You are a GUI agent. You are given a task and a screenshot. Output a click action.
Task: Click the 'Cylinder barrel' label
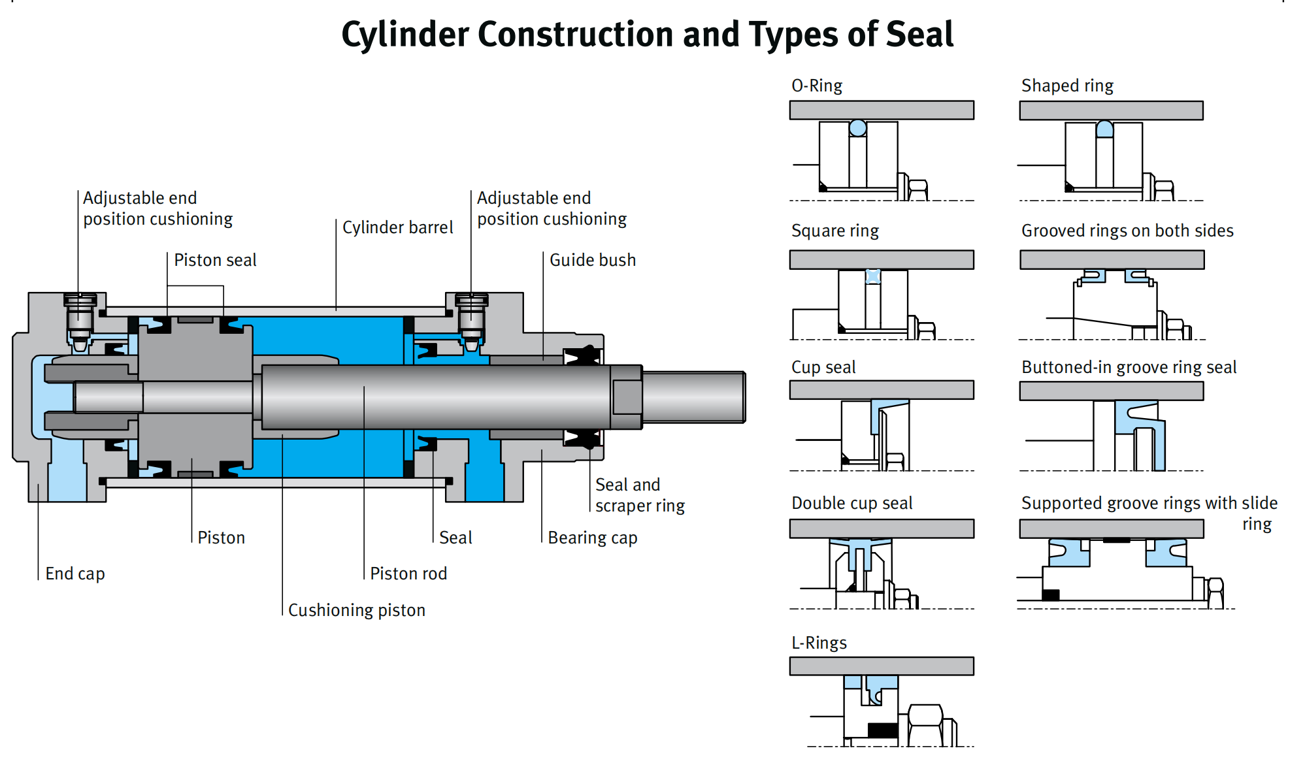[397, 227]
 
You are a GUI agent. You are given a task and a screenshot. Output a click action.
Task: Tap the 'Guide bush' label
[593, 260]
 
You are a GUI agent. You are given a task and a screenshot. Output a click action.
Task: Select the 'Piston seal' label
[215, 260]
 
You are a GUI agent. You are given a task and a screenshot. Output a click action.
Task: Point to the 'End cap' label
[75, 574]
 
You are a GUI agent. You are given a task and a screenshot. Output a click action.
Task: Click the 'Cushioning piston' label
[357, 610]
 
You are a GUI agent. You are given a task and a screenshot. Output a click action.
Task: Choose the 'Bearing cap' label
[593, 538]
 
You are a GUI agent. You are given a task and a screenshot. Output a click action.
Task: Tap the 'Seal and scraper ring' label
[640, 495]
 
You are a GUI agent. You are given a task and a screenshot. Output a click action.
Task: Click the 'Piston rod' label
[408, 574]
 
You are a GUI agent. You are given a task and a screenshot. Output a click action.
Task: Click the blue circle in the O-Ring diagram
[858, 128]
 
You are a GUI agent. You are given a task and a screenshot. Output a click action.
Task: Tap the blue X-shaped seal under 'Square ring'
[873, 276]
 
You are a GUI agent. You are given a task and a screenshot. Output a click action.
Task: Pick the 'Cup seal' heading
[823, 367]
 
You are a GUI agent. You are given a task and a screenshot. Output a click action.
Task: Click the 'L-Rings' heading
[819, 643]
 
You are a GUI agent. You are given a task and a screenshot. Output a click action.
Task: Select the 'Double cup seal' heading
[852, 503]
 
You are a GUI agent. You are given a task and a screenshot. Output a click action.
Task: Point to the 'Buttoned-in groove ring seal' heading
[1129, 367]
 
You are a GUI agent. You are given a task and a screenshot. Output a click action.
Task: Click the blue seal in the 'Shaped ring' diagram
[1104, 129]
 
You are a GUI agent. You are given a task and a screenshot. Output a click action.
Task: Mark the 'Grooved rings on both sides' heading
[1127, 231]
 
